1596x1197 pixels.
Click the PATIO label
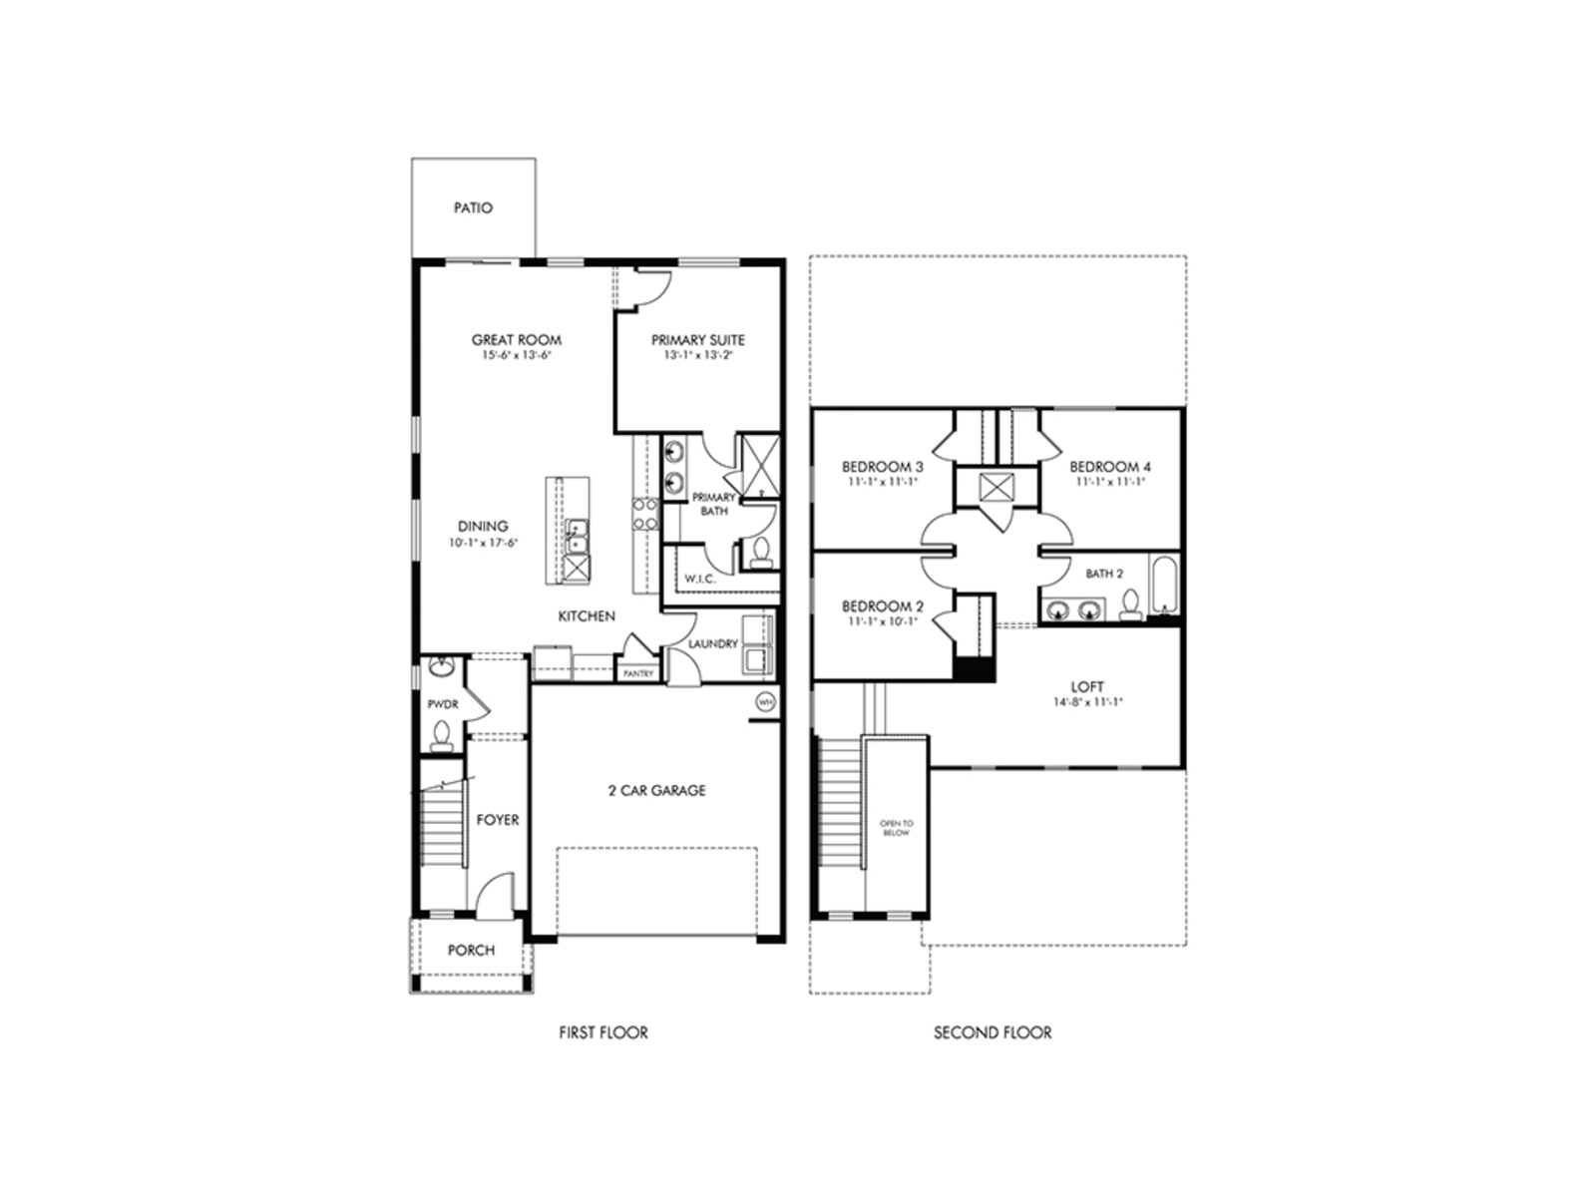pos(473,208)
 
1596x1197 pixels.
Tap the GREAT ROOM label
pos(516,340)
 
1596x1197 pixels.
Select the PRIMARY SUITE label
pos(698,340)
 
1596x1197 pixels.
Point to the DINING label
pos(483,526)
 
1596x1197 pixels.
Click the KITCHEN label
pos(587,616)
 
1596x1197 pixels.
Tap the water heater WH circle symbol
pos(765,701)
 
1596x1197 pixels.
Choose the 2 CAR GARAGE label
pos(656,790)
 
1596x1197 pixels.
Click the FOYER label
pos(497,820)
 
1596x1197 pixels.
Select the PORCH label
pos(471,950)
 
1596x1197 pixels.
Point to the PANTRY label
pos(638,674)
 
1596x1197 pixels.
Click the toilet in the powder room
pos(441,735)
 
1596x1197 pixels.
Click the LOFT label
pos(1087,687)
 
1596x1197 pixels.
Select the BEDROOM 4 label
pos(1110,467)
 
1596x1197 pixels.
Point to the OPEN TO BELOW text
pos(896,828)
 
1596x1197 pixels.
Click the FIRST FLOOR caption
pos(603,1032)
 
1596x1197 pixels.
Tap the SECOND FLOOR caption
pos(993,1032)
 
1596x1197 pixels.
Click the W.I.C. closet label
pos(700,579)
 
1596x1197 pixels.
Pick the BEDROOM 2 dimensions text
pos(883,621)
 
